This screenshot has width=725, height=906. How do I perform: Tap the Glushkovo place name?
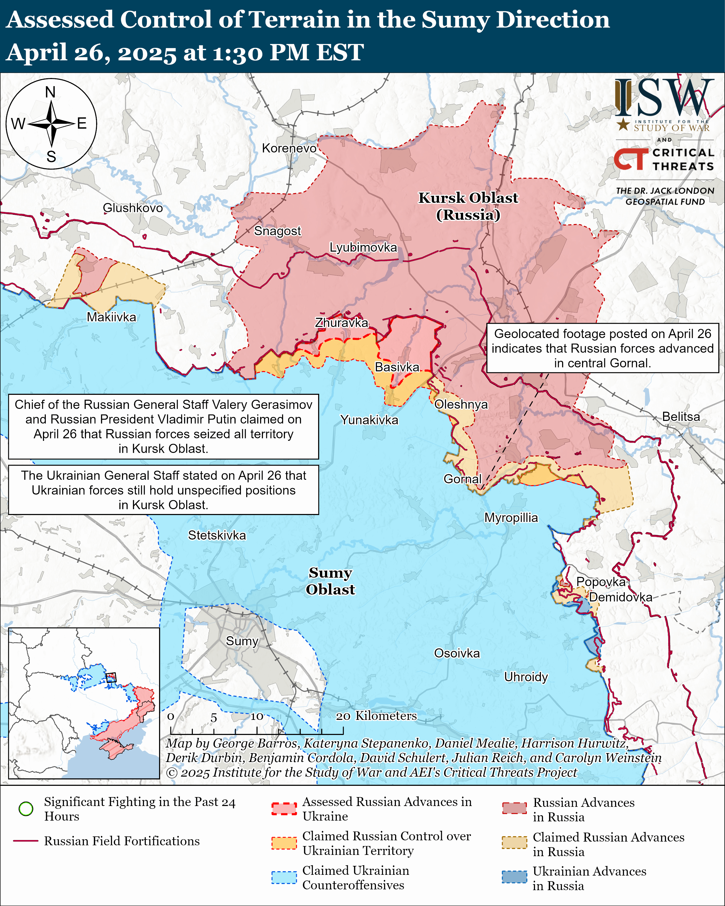[x=132, y=208]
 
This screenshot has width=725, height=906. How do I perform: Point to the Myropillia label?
[x=511, y=518]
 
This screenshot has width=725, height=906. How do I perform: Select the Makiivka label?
[x=111, y=317]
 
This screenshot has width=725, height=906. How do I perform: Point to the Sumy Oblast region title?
[x=330, y=581]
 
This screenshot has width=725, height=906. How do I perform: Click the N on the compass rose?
[x=50, y=92]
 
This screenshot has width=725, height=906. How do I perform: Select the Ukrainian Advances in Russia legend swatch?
[x=514, y=877]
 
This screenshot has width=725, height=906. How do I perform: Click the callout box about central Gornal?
[x=602, y=348]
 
